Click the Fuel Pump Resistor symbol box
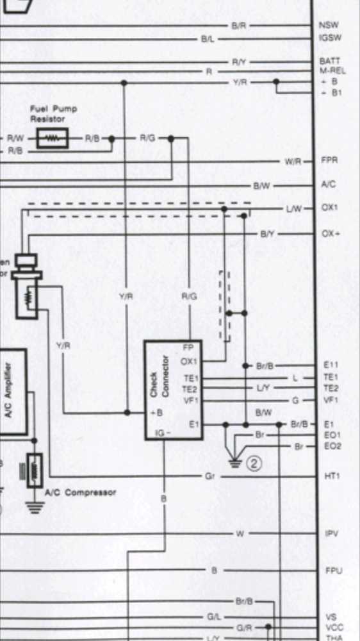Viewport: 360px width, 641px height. click(x=53, y=138)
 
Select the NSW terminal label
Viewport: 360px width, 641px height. click(x=327, y=26)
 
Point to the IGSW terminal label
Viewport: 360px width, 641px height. click(x=329, y=38)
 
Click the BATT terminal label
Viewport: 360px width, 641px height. click(x=329, y=62)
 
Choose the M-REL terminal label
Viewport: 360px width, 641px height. click(x=332, y=71)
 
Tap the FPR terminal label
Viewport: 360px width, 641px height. click(x=329, y=161)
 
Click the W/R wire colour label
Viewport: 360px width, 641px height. click(x=293, y=162)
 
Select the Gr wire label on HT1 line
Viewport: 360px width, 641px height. click(x=209, y=477)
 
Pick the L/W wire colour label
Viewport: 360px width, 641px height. click(x=294, y=209)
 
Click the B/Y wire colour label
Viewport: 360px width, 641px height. click(x=267, y=235)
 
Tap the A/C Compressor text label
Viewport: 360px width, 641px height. click(x=80, y=492)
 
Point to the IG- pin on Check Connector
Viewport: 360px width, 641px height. click(x=163, y=434)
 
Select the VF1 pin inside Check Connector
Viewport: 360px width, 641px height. click(x=191, y=401)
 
